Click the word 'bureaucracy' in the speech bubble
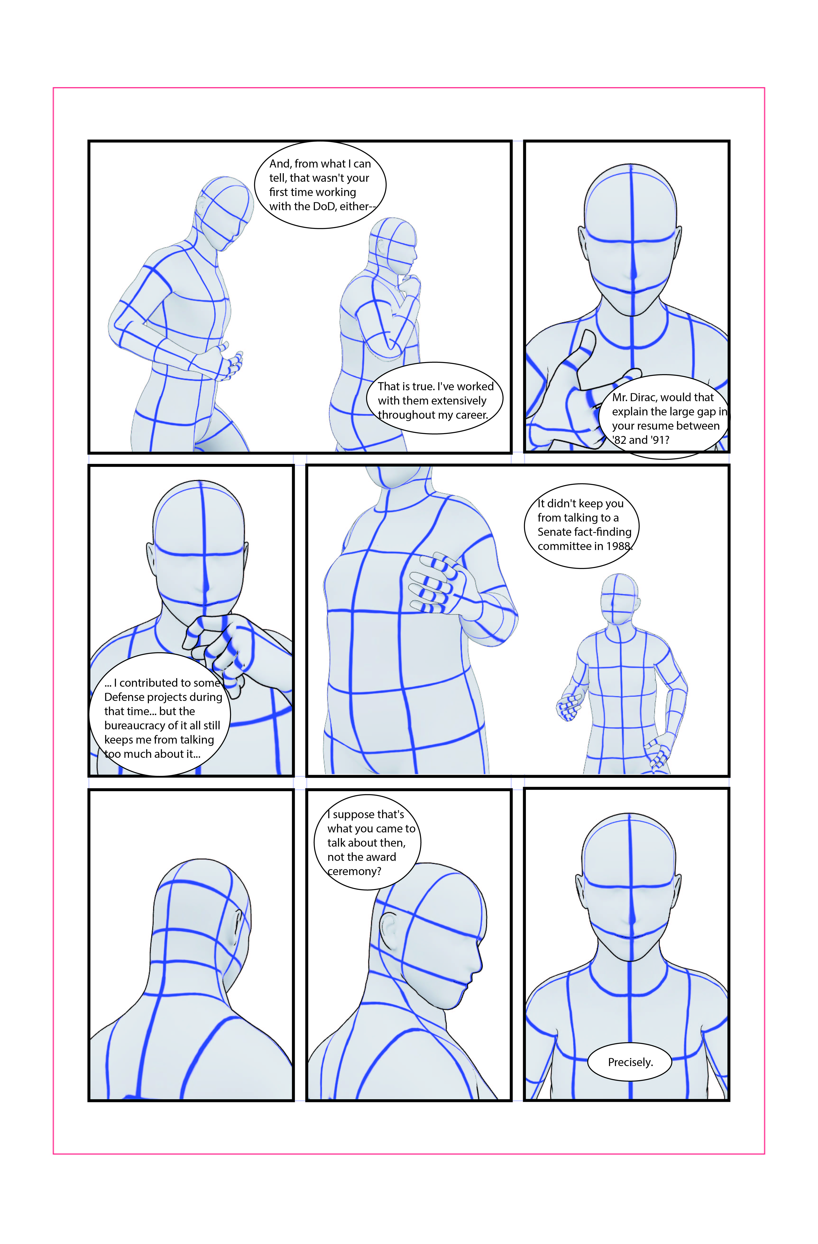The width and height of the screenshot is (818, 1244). click(134, 726)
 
